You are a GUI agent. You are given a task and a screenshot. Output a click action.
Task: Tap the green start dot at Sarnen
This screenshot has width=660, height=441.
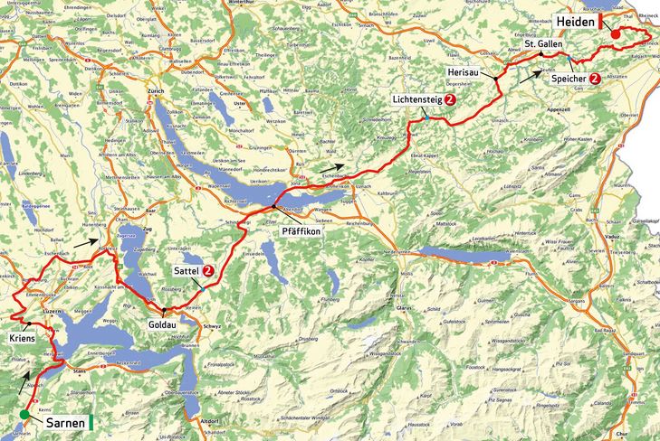point(24,416)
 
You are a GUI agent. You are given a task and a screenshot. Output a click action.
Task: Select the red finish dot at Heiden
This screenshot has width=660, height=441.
point(616,34)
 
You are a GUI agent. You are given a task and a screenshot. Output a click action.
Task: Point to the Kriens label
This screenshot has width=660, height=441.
point(22,337)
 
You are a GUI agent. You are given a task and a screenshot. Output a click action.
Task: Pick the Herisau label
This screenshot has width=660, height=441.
point(464,70)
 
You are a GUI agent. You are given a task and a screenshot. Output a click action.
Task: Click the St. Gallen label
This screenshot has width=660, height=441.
point(544,44)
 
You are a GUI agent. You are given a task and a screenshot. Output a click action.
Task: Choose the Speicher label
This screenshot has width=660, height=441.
point(569,79)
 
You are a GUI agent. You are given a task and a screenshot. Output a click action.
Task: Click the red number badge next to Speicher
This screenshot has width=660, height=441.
point(595,79)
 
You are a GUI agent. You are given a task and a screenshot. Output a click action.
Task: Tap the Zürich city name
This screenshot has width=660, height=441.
point(155,91)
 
